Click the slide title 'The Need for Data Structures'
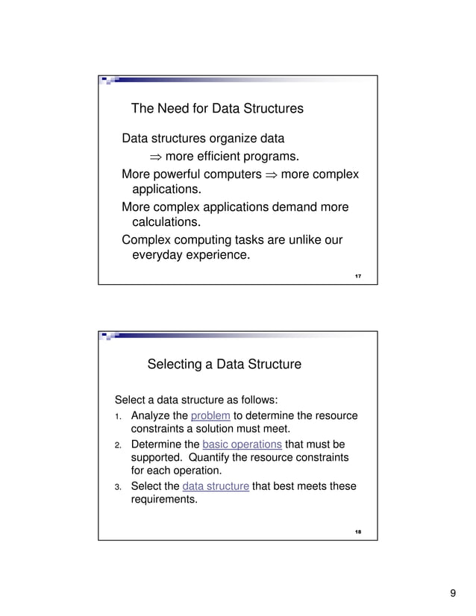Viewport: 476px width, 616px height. coord(217,109)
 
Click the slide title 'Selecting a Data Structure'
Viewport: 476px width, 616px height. coord(225,365)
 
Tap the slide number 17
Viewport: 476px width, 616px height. coord(358,277)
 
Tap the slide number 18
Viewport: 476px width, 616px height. coord(358,532)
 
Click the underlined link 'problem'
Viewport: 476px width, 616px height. coord(210,416)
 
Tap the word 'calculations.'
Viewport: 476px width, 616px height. coord(166,222)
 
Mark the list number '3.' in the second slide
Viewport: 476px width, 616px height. coord(118,487)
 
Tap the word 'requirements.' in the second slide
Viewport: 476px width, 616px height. coord(164,500)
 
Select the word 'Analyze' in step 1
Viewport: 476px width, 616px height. coord(152,416)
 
